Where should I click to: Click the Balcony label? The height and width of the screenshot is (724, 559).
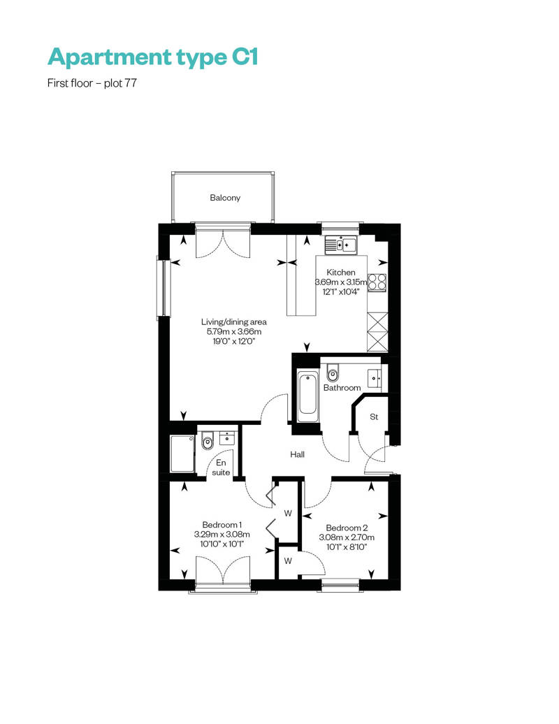pyautogui.click(x=225, y=198)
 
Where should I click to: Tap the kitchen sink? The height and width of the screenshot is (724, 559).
pyautogui.click(x=341, y=245)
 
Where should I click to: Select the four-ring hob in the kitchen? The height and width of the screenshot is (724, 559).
pyautogui.click(x=377, y=282)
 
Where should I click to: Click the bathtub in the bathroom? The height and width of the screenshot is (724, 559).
pyautogui.click(x=307, y=395)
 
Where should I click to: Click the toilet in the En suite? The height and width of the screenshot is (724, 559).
pyautogui.click(x=208, y=442)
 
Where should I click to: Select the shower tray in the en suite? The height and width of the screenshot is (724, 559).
pyautogui.click(x=182, y=454)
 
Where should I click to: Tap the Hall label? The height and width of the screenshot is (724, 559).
pyautogui.click(x=297, y=454)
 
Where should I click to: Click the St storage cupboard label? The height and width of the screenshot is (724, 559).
pyautogui.click(x=374, y=417)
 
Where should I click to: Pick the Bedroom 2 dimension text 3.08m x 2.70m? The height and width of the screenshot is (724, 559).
pyautogui.click(x=347, y=537)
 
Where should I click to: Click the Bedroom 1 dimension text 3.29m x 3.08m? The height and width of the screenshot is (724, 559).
pyautogui.click(x=222, y=534)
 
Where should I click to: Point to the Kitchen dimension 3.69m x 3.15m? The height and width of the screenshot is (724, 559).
pyautogui.click(x=341, y=282)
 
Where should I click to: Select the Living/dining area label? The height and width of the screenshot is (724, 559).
pyautogui.click(x=234, y=322)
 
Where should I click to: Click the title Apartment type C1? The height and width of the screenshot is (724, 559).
pyautogui.click(x=153, y=57)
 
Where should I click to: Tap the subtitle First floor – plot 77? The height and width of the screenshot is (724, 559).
pyautogui.click(x=92, y=83)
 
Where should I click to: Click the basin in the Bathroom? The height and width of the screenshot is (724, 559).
pyautogui.click(x=375, y=378)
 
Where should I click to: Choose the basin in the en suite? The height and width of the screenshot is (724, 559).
pyautogui.click(x=227, y=437)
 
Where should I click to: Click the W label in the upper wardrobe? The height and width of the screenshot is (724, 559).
pyautogui.click(x=288, y=513)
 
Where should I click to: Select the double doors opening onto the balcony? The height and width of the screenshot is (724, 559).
pyautogui.click(x=223, y=241)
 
